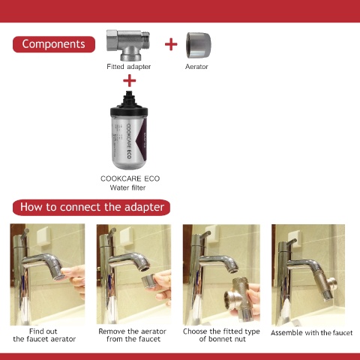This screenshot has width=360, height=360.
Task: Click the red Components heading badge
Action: (x=54, y=44)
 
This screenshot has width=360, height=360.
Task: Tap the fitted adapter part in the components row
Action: (x=128, y=45)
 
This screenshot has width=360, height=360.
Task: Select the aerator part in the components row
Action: (x=198, y=45)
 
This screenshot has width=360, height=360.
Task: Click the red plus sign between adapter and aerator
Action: (x=171, y=44)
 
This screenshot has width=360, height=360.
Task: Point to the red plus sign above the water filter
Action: (x=130, y=80)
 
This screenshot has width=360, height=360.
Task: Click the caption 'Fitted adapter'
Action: (x=128, y=67)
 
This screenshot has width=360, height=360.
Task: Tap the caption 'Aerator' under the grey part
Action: (x=196, y=67)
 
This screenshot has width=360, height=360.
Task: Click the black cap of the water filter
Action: (x=129, y=105)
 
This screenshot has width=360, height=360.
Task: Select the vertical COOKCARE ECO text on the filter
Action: (x=128, y=141)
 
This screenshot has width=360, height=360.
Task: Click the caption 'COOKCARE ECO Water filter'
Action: (x=130, y=183)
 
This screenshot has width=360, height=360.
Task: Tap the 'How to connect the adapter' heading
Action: (x=91, y=208)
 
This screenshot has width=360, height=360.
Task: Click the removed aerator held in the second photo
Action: (x=148, y=282)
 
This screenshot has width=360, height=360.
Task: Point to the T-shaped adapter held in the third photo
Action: (x=239, y=298)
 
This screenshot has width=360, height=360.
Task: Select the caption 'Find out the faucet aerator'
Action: (x=44, y=335)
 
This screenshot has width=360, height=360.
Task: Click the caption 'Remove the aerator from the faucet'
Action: (x=133, y=335)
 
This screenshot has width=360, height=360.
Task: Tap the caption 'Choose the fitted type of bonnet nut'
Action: (x=221, y=335)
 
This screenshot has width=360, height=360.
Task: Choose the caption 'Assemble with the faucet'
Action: (x=312, y=333)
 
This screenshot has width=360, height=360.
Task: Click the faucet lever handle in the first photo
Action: (x=25, y=234)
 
